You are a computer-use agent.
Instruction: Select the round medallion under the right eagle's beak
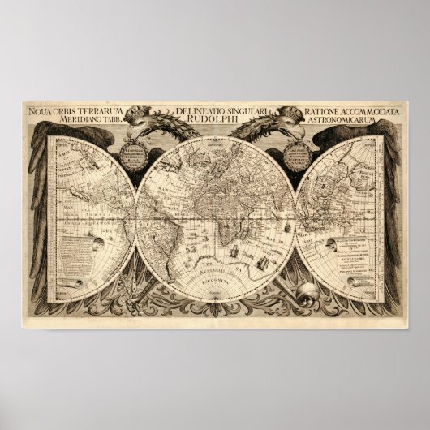tap(298, 153)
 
